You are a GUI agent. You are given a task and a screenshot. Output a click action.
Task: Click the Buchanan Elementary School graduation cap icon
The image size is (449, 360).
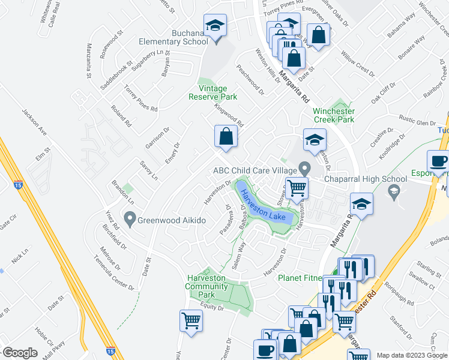click(x=214, y=27)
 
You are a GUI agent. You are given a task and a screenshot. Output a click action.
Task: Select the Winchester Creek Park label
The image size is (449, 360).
click(x=333, y=115)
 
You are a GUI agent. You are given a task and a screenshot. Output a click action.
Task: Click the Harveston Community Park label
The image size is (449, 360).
click(x=206, y=287)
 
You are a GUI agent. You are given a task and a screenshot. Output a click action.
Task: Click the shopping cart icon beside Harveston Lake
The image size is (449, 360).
click(x=297, y=188)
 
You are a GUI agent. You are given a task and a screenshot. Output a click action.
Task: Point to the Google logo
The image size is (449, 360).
click(x=20, y=353)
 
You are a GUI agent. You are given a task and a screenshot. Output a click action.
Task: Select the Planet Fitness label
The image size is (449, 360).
click(x=301, y=277)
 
